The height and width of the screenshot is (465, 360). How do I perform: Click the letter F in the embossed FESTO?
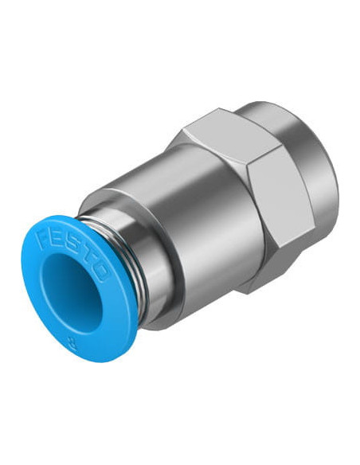[x=41, y=235]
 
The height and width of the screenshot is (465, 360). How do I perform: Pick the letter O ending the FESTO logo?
[x=101, y=272]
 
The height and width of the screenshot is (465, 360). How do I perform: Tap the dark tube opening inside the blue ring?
[x=72, y=292]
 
